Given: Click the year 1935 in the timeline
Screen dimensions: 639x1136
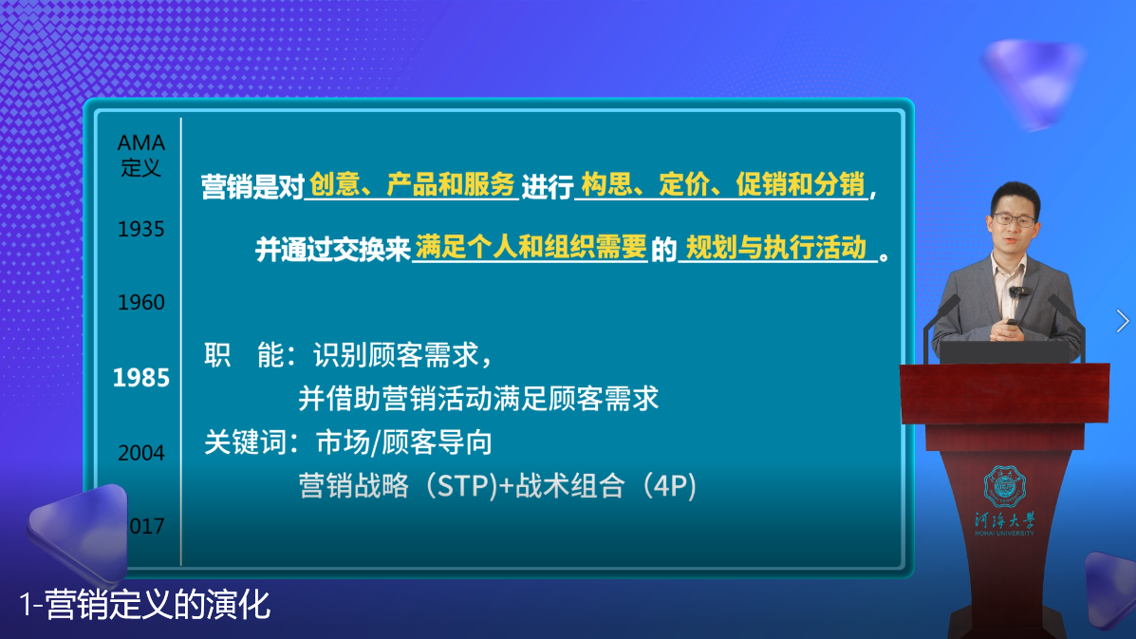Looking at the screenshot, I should [140, 230].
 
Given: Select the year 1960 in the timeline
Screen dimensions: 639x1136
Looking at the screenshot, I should [140, 303].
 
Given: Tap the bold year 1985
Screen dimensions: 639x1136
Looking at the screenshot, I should [140, 378].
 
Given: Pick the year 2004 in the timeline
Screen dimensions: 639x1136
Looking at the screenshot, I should [140, 453].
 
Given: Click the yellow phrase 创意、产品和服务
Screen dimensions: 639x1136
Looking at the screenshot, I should [412, 185].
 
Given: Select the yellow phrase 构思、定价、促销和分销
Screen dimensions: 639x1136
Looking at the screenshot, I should [722, 185].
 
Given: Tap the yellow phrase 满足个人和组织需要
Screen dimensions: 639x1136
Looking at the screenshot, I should [531, 248].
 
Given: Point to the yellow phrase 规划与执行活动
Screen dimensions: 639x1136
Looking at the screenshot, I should [776, 248].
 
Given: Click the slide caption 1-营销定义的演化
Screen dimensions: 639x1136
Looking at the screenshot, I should [144, 604].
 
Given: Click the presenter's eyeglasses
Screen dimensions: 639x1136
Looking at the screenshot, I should [1014, 219].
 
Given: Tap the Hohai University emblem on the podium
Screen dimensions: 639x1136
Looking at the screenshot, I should [1004, 485].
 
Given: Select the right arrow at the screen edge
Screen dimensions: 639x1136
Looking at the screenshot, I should [1123, 321].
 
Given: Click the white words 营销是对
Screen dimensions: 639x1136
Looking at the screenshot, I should [251, 186].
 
